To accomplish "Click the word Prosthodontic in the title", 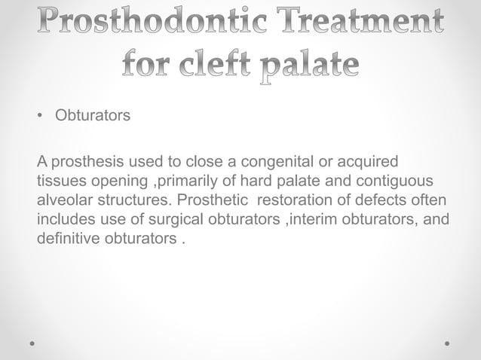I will point(137,23).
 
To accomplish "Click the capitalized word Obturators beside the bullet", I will point(92,117).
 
